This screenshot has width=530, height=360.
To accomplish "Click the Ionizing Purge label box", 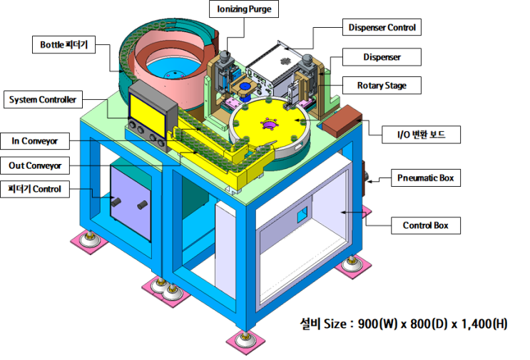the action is click(244, 9).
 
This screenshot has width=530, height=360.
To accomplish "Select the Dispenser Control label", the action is click(382, 27).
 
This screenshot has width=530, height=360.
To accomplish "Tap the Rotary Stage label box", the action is click(382, 86).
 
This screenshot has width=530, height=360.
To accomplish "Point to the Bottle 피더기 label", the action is click(64, 45).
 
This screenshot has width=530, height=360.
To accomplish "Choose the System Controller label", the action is click(43, 100).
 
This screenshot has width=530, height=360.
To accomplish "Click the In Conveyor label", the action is click(35, 141).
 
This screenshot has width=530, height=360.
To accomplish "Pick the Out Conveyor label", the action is click(35, 165).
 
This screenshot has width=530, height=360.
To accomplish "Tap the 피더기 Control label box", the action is click(35, 189).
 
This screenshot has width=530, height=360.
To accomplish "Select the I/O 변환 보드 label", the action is click(421, 135).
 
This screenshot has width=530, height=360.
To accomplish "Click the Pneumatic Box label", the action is click(426, 178).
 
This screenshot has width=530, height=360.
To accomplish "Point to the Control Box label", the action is click(426, 225).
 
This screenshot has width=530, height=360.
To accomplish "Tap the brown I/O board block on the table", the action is click(342, 121).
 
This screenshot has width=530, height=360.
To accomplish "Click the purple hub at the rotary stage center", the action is click(270, 125).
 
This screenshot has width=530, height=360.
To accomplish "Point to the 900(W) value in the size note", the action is click(377, 324).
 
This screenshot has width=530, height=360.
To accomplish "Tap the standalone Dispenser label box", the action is click(382, 57).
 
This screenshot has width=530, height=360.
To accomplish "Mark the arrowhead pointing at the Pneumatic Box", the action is click(370, 181).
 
